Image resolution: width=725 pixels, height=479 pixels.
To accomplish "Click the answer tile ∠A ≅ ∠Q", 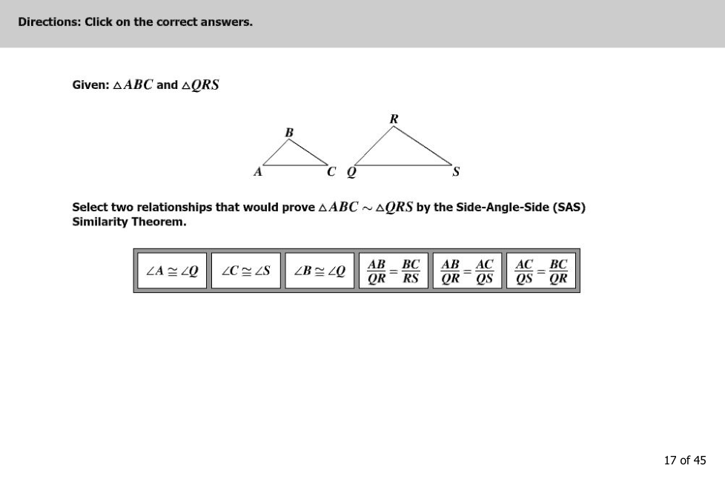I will click(172, 271).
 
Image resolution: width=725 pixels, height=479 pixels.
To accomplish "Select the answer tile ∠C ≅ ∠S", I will click(245, 271).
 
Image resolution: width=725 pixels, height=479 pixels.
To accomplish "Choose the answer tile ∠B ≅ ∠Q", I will click(320, 271).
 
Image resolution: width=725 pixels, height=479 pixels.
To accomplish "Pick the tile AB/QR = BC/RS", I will click(394, 271).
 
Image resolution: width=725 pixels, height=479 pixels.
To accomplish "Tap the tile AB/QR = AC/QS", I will click(467, 271).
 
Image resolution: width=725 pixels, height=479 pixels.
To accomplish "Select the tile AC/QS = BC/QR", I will click(541, 271).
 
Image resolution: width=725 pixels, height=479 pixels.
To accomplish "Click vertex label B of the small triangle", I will click(289, 132).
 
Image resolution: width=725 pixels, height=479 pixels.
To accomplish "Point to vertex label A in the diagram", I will click(257, 172).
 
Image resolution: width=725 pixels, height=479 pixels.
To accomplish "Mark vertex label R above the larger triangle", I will click(394, 119).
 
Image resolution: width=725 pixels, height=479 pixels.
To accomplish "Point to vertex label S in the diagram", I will click(456, 173).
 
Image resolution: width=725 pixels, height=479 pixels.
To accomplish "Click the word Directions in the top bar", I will click(49, 22).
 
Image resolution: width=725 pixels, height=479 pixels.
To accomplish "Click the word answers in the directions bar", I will click(228, 22).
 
